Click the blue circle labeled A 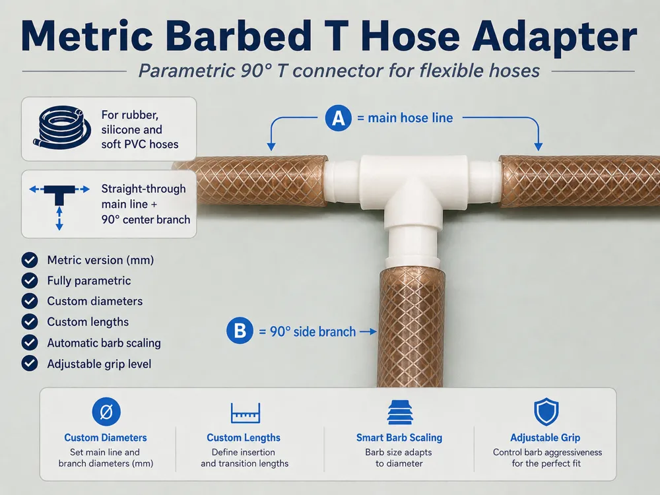pyautogui.click(x=338, y=118)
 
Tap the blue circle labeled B pyautogui.click(x=240, y=331)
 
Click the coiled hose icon pyautogui.click(x=62, y=127)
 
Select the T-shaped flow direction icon pyautogui.click(x=59, y=206)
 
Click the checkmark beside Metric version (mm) pyautogui.click(x=30, y=260)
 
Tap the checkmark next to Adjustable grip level pyautogui.click(x=30, y=363)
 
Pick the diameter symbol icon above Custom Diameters pyautogui.click(x=106, y=412)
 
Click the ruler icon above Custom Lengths pyautogui.click(x=246, y=412)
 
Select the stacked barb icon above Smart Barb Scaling pyautogui.click(x=400, y=412)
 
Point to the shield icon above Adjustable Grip pyautogui.click(x=546, y=412)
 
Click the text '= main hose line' pyautogui.click(x=405, y=118)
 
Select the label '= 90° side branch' pyautogui.click(x=308, y=332)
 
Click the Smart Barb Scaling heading pyautogui.click(x=399, y=438)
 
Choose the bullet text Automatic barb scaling pyautogui.click(x=104, y=343)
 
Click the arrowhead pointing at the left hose pyautogui.click(x=271, y=147)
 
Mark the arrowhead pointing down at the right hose pyautogui.click(x=539, y=147)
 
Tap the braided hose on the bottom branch pyautogui.click(x=412, y=327)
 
